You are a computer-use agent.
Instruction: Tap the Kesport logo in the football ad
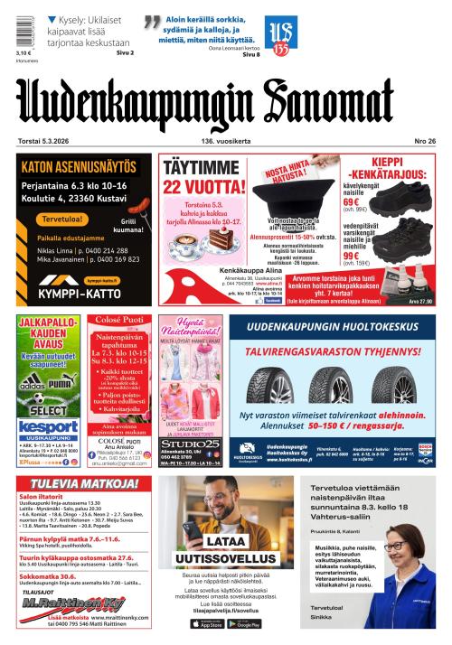tap(48, 426)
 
